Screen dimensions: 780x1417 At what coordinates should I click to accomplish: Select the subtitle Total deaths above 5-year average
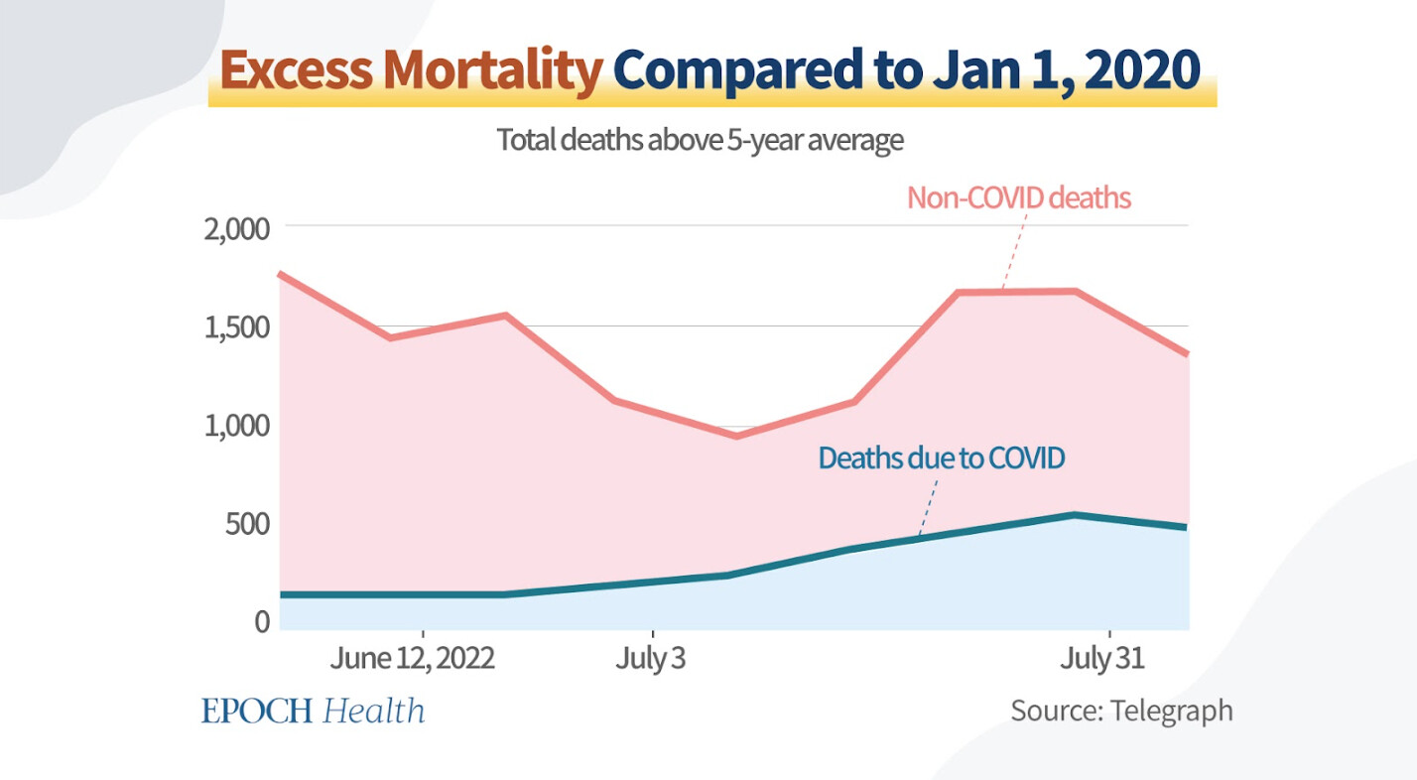coord(700,141)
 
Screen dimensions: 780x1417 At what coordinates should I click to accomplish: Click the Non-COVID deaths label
coord(1019,197)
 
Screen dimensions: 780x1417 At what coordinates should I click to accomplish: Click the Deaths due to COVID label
coord(941,458)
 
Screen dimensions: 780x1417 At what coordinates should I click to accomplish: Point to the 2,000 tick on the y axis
coord(236,229)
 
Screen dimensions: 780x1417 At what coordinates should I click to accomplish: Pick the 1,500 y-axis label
coord(236,327)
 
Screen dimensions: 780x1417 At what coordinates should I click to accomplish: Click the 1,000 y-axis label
coord(236,426)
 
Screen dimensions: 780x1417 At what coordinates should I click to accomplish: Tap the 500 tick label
coord(246,523)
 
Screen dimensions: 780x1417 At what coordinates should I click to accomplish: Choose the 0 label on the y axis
coord(262,621)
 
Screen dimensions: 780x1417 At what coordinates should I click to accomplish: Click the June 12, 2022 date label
coord(413,659)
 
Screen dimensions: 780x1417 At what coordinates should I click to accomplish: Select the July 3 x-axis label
coord(650,659)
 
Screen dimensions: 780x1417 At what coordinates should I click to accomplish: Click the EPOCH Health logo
coord(314,711)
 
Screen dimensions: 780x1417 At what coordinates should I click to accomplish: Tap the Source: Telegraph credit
coord(1121,711)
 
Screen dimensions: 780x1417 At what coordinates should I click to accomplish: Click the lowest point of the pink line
coord(736,436)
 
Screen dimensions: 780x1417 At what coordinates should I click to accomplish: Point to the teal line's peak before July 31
coord(1074,515)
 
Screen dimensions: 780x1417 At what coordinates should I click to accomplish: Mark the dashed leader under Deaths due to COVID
coord(928,507)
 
